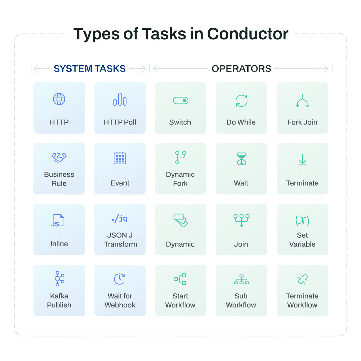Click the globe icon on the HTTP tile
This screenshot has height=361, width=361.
coord(59,99)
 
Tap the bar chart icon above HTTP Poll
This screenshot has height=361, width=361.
coord(120,99)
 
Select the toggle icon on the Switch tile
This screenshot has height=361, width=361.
coord(180,100)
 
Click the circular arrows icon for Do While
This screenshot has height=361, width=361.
coord(242,101)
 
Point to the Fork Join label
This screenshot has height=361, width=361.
coord(302,122)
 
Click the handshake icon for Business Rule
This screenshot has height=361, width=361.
coord(59,157)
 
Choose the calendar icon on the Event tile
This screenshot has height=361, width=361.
coord(120,158)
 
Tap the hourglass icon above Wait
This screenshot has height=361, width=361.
coord(242,159)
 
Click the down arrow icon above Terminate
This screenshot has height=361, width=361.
coord(302,159)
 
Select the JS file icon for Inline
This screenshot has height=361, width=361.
coord(58,220)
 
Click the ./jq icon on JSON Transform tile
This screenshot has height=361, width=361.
coord(119,218)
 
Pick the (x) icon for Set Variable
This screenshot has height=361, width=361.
coord(302,220)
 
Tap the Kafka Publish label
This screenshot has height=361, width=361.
coord(59,300)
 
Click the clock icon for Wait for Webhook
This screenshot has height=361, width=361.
coord(119,279)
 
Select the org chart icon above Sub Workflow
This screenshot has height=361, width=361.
coord(242,279)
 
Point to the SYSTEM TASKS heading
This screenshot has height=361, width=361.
coord(90,69)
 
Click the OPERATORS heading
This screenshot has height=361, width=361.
coord(242,69)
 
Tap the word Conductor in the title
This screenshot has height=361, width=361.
coord(248,34)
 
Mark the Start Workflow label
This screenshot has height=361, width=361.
coord(180,300)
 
